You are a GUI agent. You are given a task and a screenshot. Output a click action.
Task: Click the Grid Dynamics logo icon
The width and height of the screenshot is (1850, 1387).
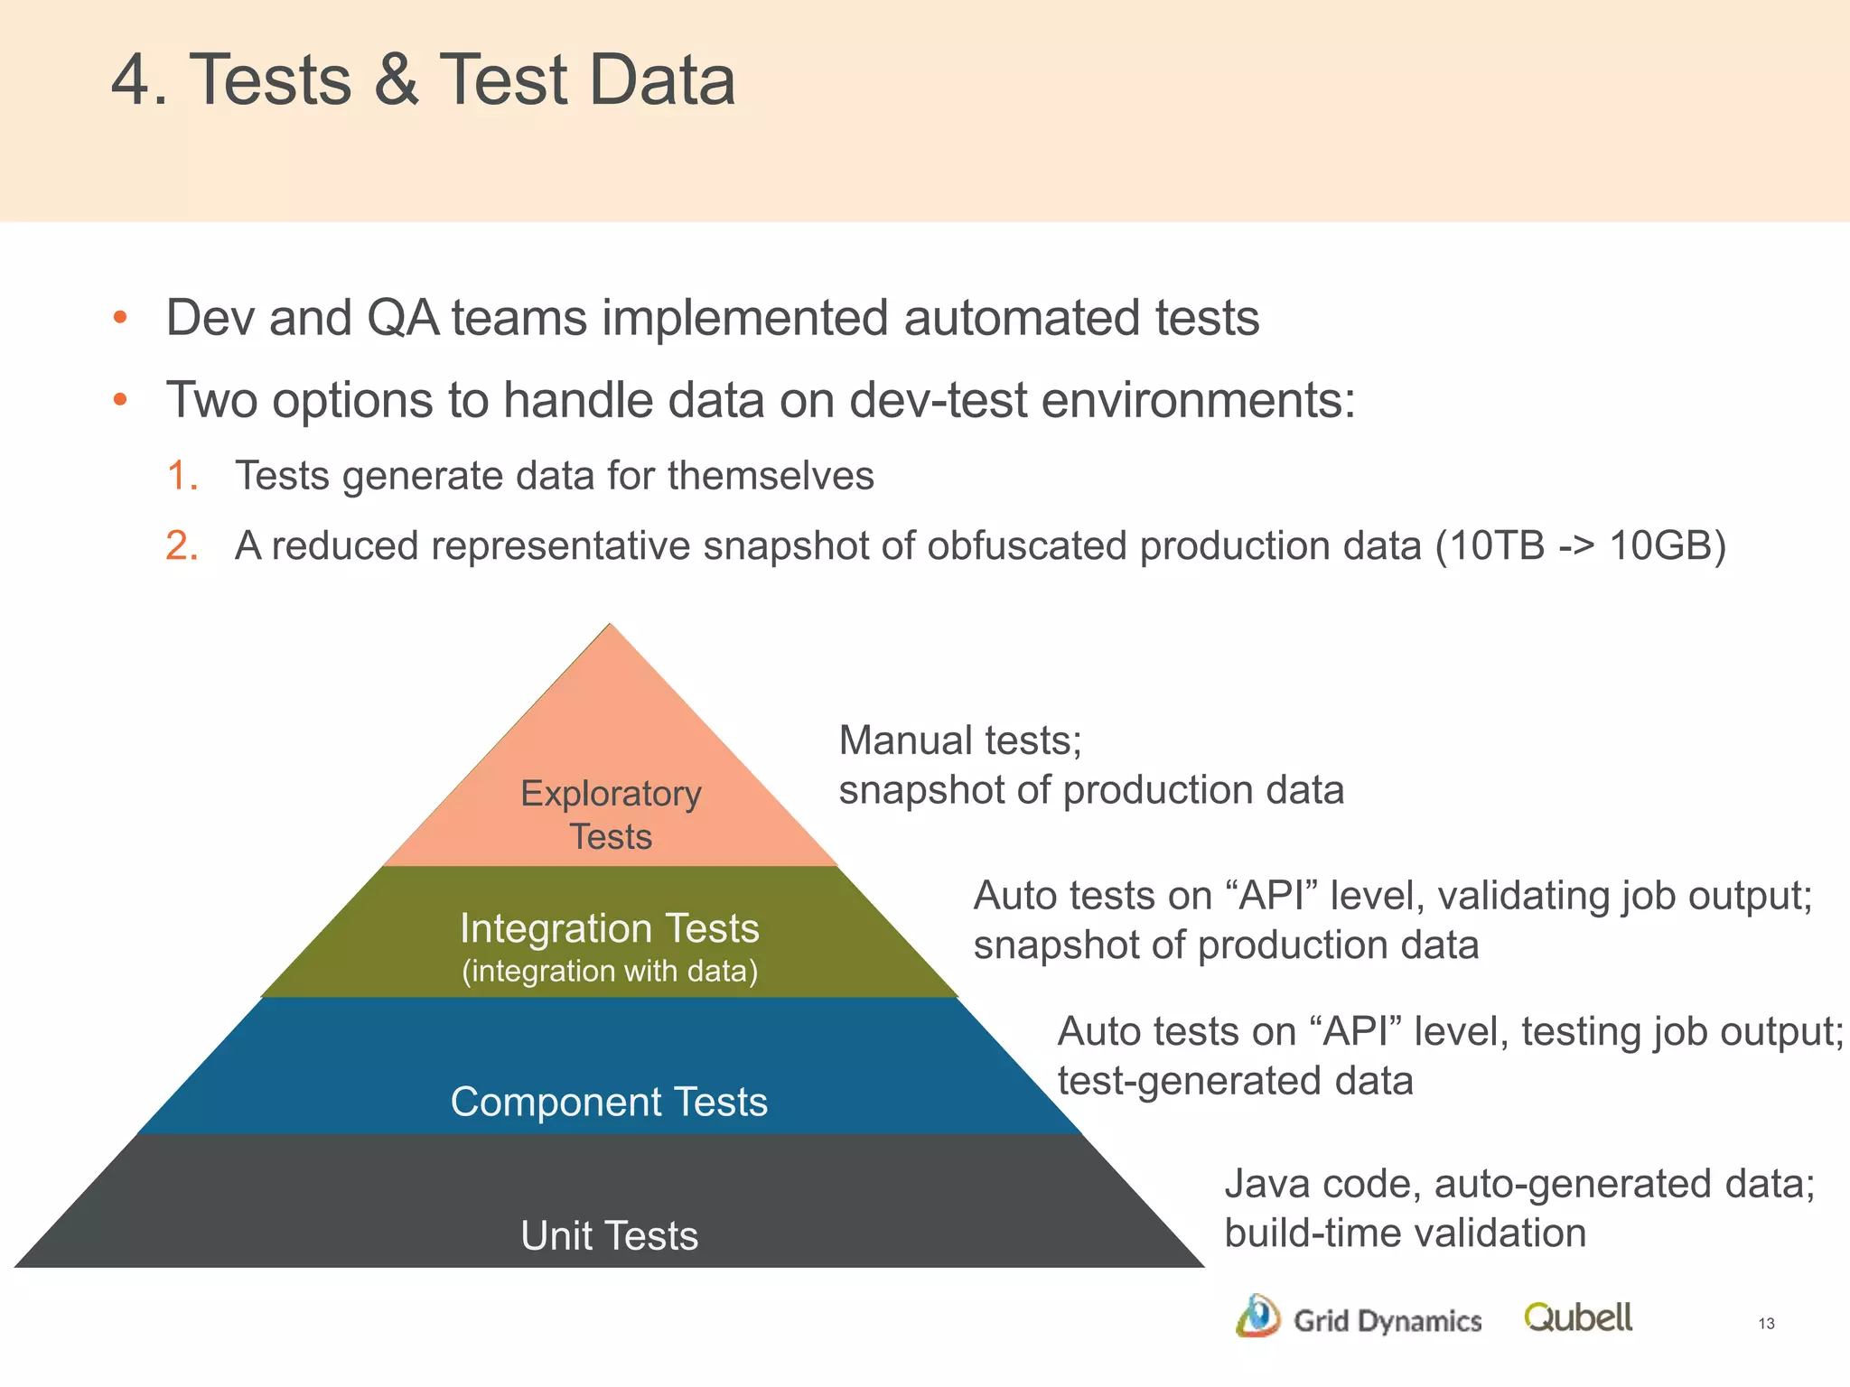1257,1316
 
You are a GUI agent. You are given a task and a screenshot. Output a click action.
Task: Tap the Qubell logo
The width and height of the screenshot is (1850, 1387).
1578,1317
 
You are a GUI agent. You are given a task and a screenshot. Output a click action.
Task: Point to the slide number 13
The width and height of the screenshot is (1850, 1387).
1766,1324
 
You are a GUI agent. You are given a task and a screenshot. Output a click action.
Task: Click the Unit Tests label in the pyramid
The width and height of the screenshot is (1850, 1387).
610,1235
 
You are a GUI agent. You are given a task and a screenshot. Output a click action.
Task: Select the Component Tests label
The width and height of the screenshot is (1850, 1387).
609,1102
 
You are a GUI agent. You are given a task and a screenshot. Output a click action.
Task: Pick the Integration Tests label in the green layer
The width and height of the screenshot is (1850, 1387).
610,928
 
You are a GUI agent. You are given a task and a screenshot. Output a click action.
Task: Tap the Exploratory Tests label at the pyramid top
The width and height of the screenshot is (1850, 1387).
611,815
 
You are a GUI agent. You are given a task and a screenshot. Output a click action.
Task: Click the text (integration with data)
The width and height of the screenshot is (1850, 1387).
610,971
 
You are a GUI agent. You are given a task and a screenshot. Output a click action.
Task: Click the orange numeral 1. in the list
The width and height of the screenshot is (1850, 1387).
182,476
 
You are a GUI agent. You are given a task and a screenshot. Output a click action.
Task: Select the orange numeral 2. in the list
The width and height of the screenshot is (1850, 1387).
182,546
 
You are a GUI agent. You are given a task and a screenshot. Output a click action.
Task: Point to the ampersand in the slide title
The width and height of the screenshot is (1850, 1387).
396,79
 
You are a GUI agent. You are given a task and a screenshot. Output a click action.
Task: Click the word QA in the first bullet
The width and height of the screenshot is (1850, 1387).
403,318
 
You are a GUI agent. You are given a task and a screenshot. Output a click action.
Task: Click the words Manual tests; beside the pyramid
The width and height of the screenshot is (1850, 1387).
960,740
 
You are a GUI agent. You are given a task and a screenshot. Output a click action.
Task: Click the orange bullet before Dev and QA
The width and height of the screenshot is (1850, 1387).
120,318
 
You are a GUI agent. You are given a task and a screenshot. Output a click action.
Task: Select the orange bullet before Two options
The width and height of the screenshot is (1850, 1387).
120,400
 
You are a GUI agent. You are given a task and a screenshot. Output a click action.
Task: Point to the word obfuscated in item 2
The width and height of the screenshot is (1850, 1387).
1027,545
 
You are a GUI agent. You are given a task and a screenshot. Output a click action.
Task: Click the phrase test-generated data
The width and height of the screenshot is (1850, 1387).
1235,1081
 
